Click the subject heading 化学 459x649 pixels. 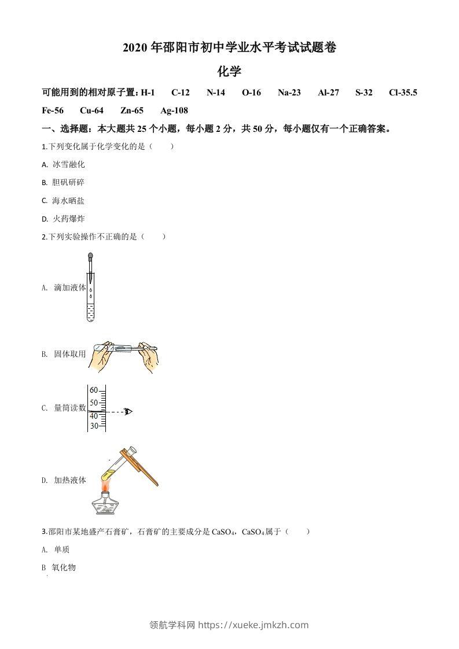pos(229,72)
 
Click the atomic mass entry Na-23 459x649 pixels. pos(289,93)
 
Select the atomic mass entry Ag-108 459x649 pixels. pos(174,110)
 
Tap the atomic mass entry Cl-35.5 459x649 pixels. pos(403,93)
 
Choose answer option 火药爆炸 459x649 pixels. pos(68,219)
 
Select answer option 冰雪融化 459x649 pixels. pos(68,164)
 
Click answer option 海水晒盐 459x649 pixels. pos(68,201)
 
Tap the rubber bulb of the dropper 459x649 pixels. pos(90,256)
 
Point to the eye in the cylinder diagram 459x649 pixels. pos(128,411)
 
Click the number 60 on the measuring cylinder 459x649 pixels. pos(94,390)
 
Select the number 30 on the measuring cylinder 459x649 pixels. pos(94,426)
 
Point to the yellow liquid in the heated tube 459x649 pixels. pos(108,474)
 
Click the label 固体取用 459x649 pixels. pos(69,354)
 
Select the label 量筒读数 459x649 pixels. pos(69,408)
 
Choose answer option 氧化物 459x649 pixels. pos(64,567)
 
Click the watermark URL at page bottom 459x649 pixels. pos(254,625)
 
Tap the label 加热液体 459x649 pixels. pos(69,480)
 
